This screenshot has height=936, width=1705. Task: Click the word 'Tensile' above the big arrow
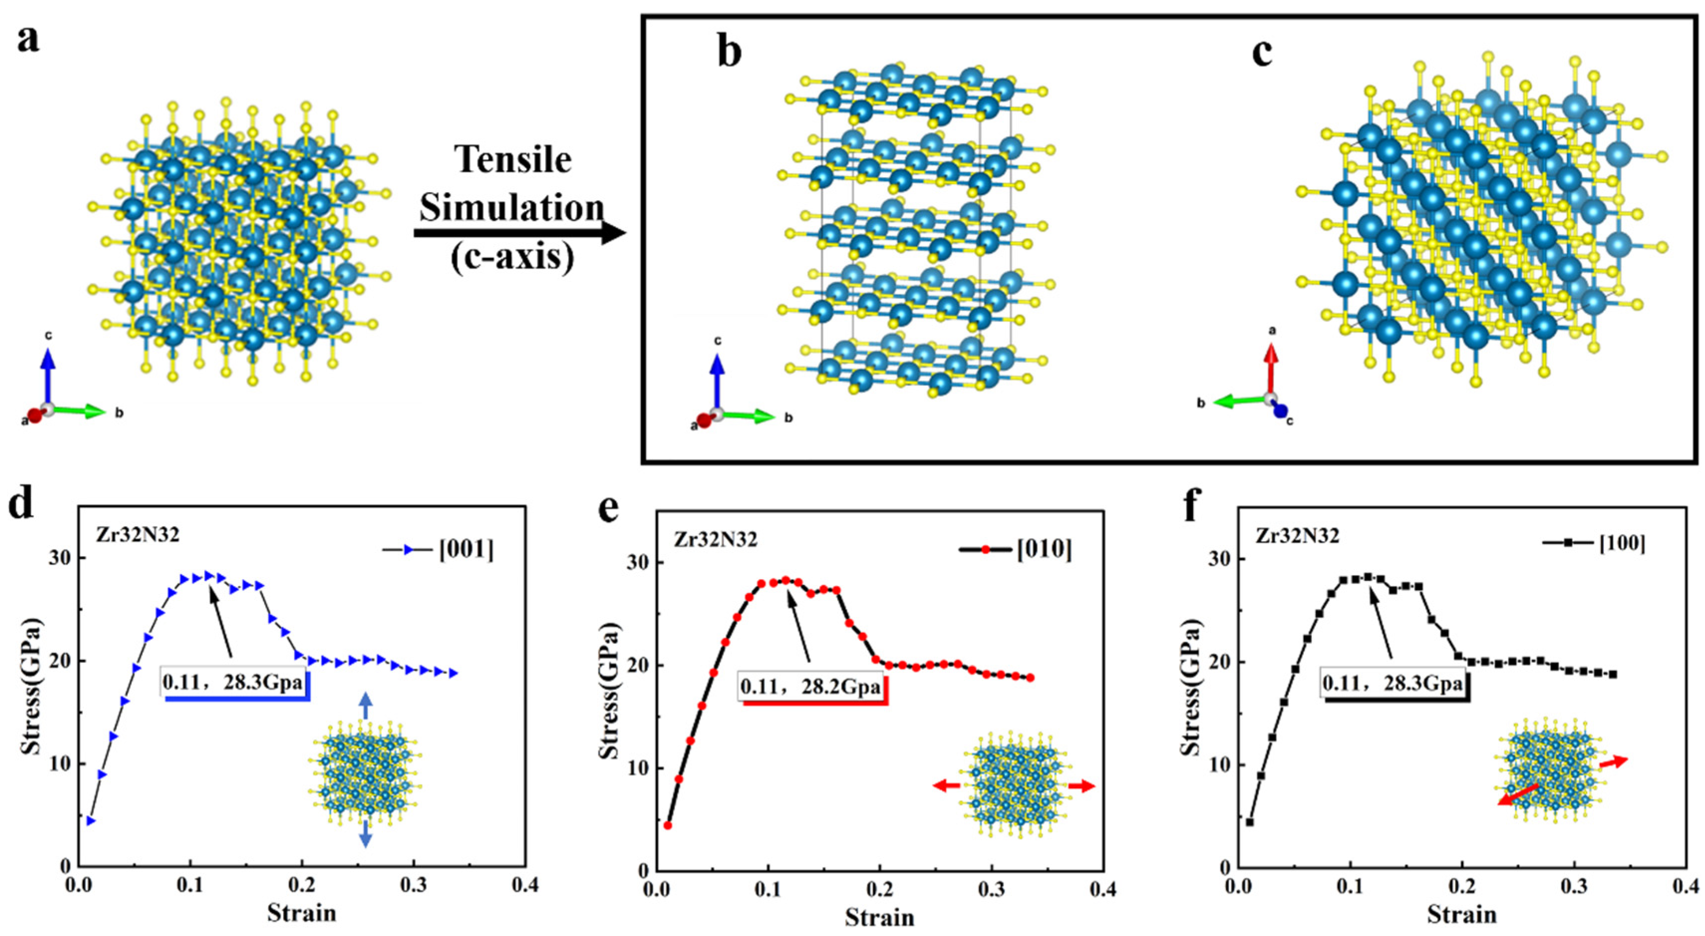pyautogui.click(x=513, y=160)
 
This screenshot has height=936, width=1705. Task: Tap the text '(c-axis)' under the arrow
pyautogui.click(x=513, y=257)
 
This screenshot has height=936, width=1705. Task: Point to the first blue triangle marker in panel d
pyautogui.click(x=91, y=821)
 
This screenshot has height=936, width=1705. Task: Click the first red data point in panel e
pyautogui.click(x=668, y=825)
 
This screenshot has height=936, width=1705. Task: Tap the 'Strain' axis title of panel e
pyautogui.click(x=879, y=918)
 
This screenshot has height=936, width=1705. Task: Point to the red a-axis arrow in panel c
pyautogui.click(x=1271, y=370)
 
